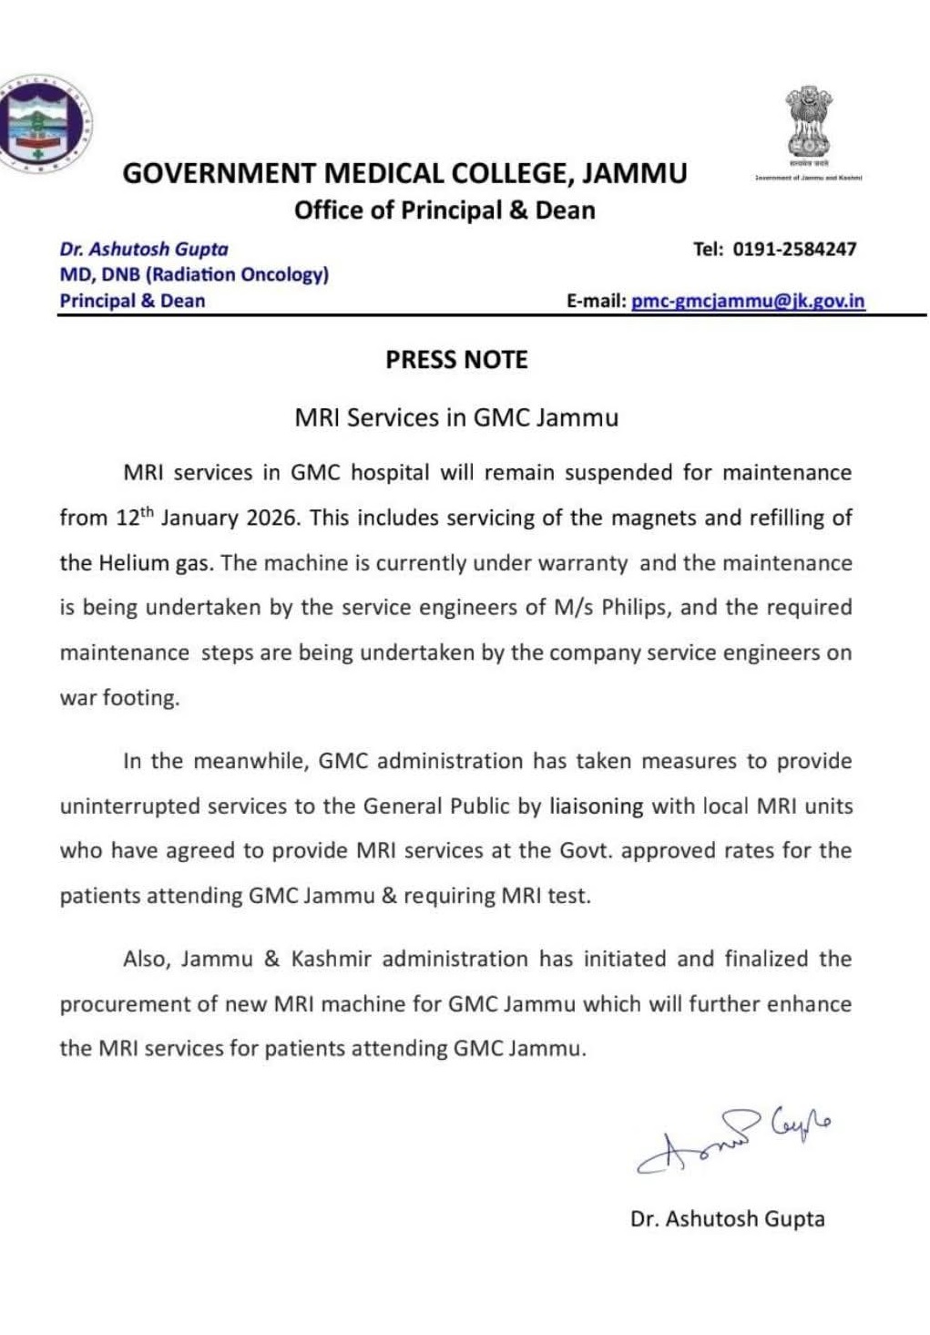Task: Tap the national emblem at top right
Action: [x=809, y=124]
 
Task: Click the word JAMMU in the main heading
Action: [x=634, y=173]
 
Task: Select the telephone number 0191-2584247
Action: [x=794, y=249]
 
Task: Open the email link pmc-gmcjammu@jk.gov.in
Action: [x=748, y=301]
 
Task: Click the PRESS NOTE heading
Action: [x=456, y=360]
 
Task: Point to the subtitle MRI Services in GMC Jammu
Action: [x=456, y=417]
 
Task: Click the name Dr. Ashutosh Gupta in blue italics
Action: [x=144, y=249]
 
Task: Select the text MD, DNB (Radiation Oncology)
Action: [x=194, y=274]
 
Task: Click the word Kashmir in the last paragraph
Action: [x=332, y=959]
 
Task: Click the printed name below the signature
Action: [x=727, y=1218]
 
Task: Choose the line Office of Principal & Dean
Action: [x=445, y=211]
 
